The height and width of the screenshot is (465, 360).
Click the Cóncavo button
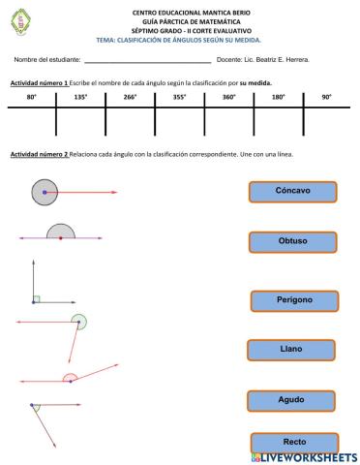(x=291, y=192)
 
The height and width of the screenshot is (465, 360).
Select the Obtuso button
(x=292, y=242)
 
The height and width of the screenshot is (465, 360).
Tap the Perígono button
(x=295, y=300)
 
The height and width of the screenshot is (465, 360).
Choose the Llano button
(x=291, y=350)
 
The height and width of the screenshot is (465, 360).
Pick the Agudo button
(x=291, y=400)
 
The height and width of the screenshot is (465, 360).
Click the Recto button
(x=294, y=442)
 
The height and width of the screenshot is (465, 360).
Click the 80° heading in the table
(x=31, y=98)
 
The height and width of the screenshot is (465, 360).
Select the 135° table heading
(x=80, y=98)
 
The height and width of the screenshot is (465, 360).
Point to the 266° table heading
(x=130, y=98)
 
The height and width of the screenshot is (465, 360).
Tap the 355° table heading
(x=179, y=98)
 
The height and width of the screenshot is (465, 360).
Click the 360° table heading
(x=228, y=98)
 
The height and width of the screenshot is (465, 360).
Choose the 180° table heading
(x=278, y=98)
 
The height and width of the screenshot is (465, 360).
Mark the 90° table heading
(x=327, y=98)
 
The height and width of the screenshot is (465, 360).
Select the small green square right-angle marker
(x=36, y=299)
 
